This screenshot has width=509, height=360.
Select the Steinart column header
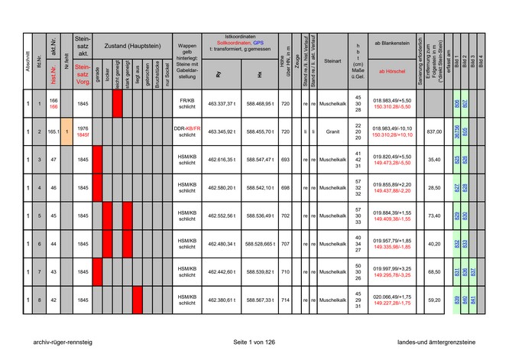coord(332,60)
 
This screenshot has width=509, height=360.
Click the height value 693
coord(285,160)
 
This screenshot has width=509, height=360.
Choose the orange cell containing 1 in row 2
coord(67,131)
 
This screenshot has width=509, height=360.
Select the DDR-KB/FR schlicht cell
coord(187,131)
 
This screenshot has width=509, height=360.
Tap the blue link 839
coord(456,300)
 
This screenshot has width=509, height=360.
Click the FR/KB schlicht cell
coord(187,103)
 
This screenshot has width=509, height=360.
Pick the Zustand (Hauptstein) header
coord(131,46)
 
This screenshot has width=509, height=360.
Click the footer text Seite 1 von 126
coord(254,342)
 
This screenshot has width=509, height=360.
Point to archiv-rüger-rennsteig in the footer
coord(57,342)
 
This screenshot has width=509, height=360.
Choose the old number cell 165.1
coord(53,131)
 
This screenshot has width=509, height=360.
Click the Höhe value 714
coord(285,300)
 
